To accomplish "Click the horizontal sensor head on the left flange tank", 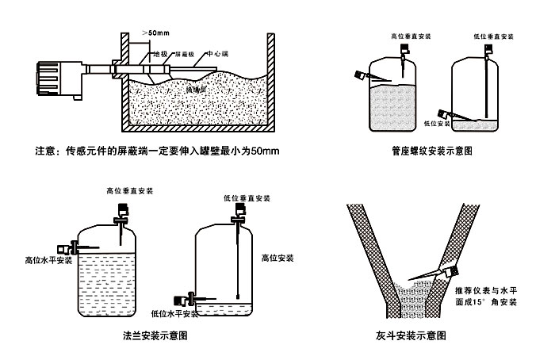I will (63, 247).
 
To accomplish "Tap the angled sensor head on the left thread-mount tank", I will (362, 76).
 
